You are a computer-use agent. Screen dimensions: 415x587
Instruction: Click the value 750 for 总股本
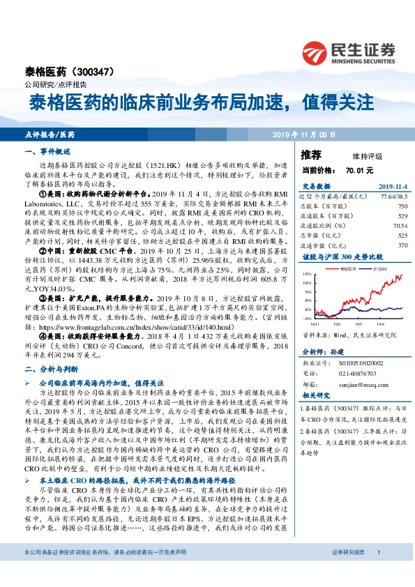click(x=401, y=206)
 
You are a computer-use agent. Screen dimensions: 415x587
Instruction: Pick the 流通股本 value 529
click(x=401, y=216)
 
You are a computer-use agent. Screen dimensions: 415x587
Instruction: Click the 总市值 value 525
click(x=401, y=236)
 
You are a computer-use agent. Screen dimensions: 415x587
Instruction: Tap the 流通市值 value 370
click(x=401, y=245)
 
